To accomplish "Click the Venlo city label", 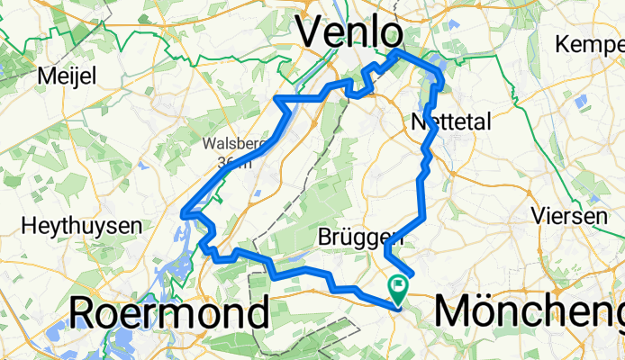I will pyautogui.click(x=349, y=33).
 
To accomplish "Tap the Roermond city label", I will pyautogui.click(x=169, y=313).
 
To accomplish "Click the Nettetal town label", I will pyautogui.click(x=450, y=121).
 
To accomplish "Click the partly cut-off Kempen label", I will pyautogui.click(x=590, y=43).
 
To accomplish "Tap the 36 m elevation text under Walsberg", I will pyautogui.click(x=232, y=163).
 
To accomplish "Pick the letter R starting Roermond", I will pyautogui.click(x=84, y=313).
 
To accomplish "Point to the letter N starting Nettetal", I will pyautogui.click(x=418, y=121).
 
